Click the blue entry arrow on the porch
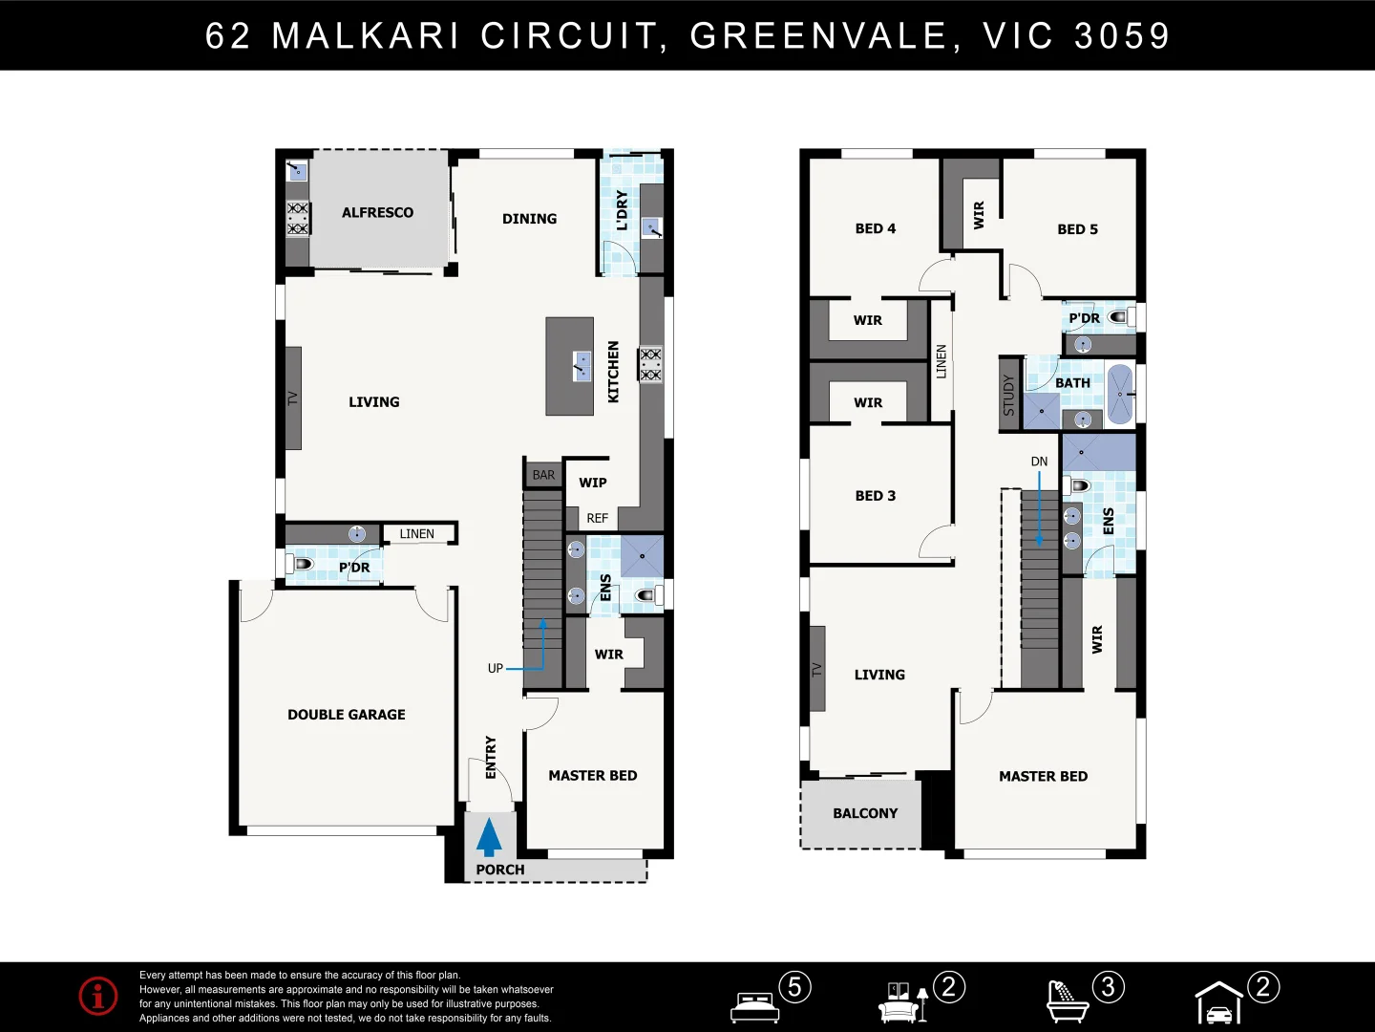click(489, 837)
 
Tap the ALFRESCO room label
click(377, 212)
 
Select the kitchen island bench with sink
click(570, 367)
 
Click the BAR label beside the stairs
click(543, 475)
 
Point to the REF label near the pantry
click(597, 518)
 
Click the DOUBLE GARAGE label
click(346, 715)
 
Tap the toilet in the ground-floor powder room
click(302, 564)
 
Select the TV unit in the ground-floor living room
click(293, 398)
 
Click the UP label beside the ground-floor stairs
click(495, 668)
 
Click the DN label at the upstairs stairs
click(1039, 462)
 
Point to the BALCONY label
click(864, 813)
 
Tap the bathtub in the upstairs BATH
click(1119, 394)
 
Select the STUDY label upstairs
click(1008, 395)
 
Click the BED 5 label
click(1077, 229)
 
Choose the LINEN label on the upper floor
click(941, 361)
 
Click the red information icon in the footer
click(98, 996)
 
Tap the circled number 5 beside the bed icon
click(794, 986)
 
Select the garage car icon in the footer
click(1219, 1004)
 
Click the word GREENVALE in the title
click(818, 36)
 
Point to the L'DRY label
click(622, 210)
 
